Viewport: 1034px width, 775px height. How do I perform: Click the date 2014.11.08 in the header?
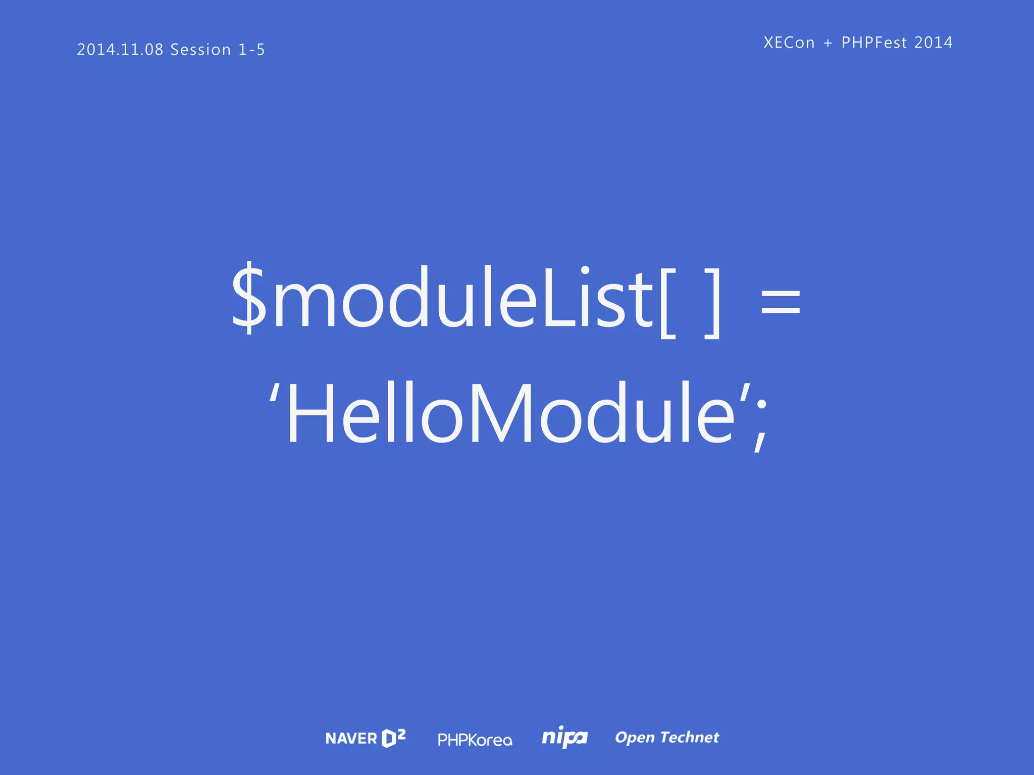point(120,49)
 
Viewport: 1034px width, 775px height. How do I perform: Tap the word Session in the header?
point(200,49)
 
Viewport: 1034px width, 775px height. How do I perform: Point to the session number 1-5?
point(251,49)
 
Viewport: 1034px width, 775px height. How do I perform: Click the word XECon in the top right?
point(789,42)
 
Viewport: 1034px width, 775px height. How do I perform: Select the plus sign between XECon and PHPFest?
point(828,43)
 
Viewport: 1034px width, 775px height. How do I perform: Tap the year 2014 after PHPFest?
point(934,42)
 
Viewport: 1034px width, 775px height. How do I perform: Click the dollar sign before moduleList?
point(248,298)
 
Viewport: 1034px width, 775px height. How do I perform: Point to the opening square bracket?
point(667,303)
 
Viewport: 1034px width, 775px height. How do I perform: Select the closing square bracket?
point(713,303)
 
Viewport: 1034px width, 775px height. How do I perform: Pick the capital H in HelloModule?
point(310,414)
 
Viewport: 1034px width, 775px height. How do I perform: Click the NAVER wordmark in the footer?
point(351,739)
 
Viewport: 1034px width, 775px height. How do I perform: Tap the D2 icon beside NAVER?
point(394,738)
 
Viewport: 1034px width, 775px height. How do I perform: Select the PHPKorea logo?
point(475,740)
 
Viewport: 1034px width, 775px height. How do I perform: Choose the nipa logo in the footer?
point(564,738)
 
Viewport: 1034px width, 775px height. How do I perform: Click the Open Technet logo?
point(667,738)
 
